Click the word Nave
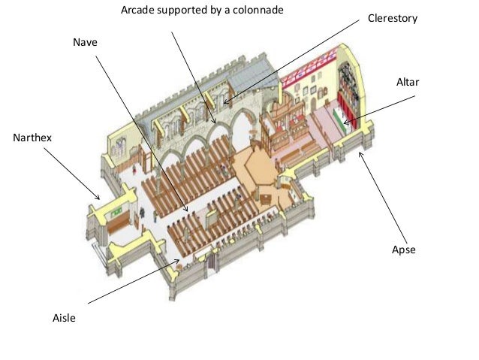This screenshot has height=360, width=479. [85, 44]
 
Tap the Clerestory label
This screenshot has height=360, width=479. [392, 17]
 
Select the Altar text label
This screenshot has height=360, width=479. [408, 80]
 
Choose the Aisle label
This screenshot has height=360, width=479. [64, 319]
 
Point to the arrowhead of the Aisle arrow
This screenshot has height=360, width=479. [179, 261]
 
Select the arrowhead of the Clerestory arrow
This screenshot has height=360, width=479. [224, 101]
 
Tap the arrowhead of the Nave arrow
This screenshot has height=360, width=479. [186, 210]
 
